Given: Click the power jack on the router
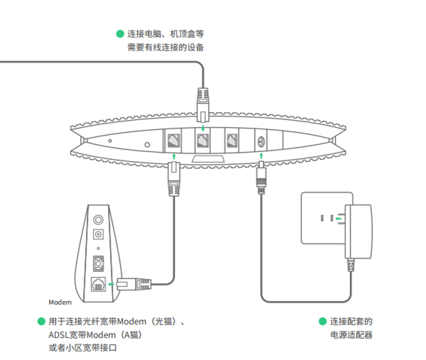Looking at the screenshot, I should point(260,141).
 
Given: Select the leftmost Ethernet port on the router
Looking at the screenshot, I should point(173,140).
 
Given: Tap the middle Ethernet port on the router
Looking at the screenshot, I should point(203,140).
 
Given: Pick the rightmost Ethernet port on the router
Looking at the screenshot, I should point(233,140).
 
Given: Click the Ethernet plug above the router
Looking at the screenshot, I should point(203,102).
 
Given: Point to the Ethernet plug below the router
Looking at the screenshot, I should point(173,179).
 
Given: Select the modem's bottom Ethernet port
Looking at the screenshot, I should point(99,284).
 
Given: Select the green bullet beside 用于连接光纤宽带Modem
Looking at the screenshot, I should point(41,321).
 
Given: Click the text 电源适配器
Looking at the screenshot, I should point(351,335).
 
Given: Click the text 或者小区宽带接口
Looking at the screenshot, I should point(82,349).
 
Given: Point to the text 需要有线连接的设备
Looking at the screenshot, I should point(165,48).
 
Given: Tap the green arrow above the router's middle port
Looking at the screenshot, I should point(203,128).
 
